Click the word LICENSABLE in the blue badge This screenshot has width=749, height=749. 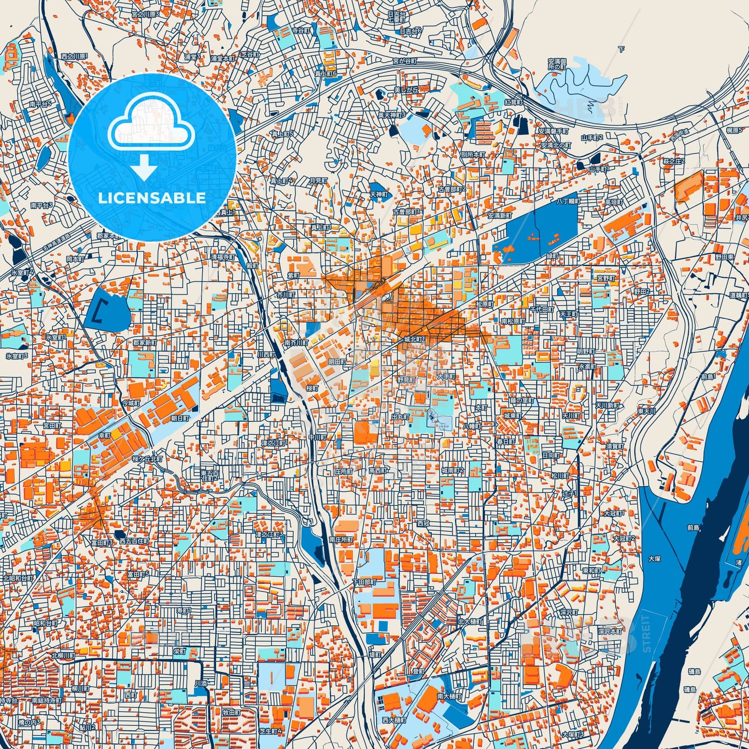click(152, 198)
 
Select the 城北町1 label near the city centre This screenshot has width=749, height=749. click(415, 339)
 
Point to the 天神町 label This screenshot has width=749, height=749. click(378, 194)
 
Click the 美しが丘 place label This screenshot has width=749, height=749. click(405, 90)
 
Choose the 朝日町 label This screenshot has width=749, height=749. click(180, 417)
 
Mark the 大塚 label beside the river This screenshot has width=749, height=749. click(655, 559)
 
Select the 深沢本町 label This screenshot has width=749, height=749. click(610, 632)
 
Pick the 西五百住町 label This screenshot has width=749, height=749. click(134, 541)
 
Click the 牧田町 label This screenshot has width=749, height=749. click(231, 713)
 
